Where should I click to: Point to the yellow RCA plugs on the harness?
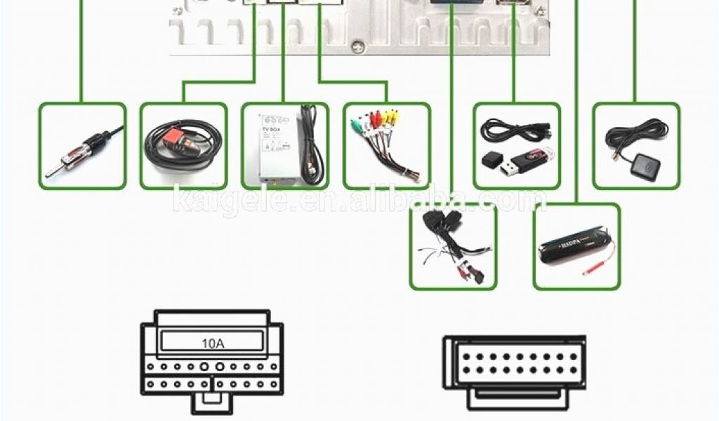[x=382, y=119]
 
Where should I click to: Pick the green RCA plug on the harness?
[x=356, y=126]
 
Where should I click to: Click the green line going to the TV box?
[x=284, y=56]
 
